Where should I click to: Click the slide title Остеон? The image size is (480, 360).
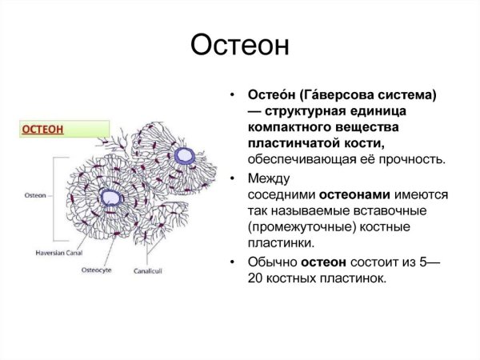[x=239, y=46]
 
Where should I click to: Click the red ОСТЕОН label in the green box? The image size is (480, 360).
[x=43, y=130]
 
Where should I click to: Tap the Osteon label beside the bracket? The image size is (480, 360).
[x=36, y=194]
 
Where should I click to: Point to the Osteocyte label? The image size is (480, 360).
[x=97, y=270]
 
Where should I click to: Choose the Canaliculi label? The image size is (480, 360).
[x=147, y=270]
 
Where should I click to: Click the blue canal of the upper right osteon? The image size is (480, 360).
[x=186, y=154]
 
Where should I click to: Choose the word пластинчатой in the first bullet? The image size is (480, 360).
[x=293, y=143]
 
